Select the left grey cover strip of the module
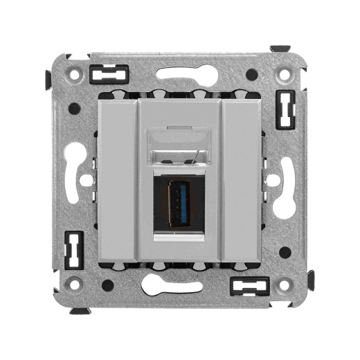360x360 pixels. pyautogui.click(x=120, y=180)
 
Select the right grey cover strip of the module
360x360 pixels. pyautogui.click(x=240, y=180)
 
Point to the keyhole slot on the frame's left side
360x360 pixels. pyautogui.click(x=78, y=179)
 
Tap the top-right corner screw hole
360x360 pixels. pyautogui.click(x=284, y=73)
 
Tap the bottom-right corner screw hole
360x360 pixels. pyautogui.click(x=284, y=284)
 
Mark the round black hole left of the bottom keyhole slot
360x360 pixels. pyautogui.click(x=107, y=285)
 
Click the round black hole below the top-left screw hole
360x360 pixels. pyautogui.click(x=73, y=108)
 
